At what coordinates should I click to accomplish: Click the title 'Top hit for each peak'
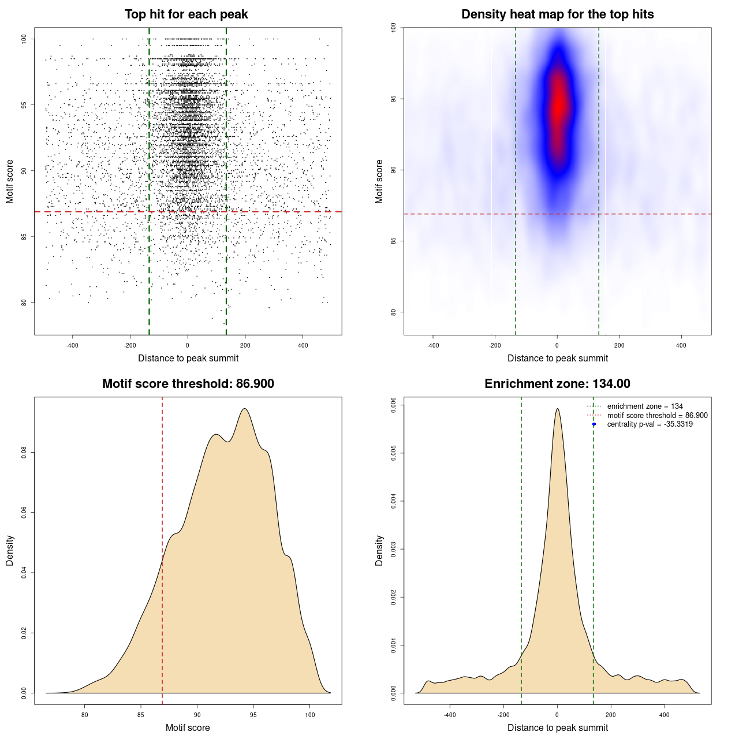[x=186, y=14]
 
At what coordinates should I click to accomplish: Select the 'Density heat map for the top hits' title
[x=557, y=14]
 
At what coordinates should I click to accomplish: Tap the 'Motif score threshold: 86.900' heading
[x=188, y=384]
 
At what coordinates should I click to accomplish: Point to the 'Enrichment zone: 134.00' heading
[x=557, y=384]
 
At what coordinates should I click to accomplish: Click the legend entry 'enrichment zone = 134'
[x=644, y=406]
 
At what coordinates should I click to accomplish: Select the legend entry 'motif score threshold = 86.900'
[x=657, y=416]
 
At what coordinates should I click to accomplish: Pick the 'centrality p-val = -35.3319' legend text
[x=650, y=424]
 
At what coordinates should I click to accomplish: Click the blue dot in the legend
[x=594, y=424]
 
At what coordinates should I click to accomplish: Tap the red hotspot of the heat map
[x=558, y=107]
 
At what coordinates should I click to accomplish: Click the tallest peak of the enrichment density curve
[x=557, y=409]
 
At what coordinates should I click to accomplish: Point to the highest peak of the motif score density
[x=245, y=409]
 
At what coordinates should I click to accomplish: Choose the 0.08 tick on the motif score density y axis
[x=24, y=452]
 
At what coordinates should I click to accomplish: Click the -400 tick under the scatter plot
[x=72, y=345]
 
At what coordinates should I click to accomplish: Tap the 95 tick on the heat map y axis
[x=394, y=99]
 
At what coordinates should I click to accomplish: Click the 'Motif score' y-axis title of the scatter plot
[x=10, y=181]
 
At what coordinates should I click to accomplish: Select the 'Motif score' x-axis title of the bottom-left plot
[x=188, y=727]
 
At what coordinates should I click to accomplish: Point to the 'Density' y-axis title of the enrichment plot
[x=379, y=550]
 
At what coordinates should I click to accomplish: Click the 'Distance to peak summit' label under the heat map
[x=557, y=358]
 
